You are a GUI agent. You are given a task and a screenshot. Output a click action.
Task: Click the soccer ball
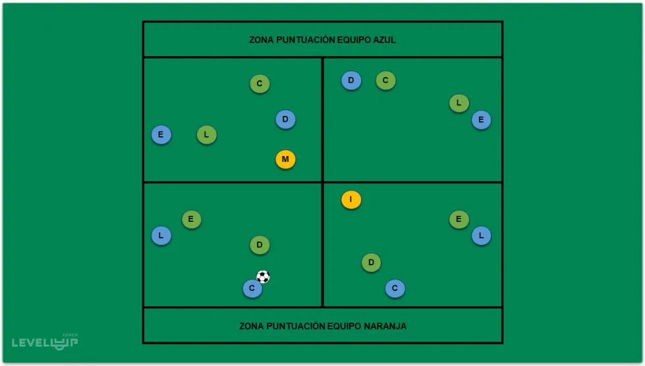pos(263,276)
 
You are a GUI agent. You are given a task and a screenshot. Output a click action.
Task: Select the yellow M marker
pos(285,159)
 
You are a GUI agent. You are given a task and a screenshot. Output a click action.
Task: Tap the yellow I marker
pos(351,199)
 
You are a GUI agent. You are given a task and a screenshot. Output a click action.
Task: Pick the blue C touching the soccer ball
pos(252,288)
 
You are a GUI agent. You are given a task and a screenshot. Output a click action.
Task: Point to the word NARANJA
pos(385,326)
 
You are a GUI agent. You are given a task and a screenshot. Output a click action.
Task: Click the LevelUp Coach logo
pos(45,341)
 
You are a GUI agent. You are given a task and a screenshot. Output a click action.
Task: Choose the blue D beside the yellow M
pos(285,119)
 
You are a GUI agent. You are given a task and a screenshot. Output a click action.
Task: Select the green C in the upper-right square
pos(385,80)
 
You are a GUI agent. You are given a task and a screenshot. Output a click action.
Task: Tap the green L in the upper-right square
pos(459,103)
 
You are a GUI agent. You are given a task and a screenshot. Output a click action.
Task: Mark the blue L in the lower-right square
pos(481,235)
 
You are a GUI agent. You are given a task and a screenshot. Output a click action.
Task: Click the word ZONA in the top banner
pos(262,39)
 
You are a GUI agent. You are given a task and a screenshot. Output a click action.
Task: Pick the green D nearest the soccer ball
pos(260,245)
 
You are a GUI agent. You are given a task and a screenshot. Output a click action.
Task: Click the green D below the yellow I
pos(371,263)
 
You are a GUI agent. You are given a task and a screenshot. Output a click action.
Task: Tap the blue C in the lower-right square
pos(395,288)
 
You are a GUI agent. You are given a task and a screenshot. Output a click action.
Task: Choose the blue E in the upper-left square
pos(161,135)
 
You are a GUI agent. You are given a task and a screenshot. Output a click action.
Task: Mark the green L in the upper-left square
pos(206,135)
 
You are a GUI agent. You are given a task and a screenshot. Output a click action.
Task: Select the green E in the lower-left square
pos(191,219)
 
